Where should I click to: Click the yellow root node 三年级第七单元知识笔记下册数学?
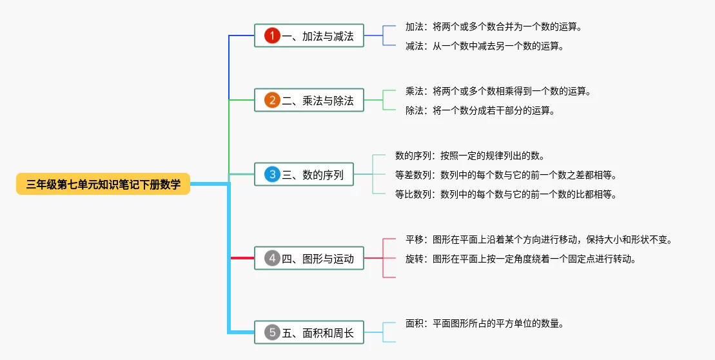click(x=103, y=184)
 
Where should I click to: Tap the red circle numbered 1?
click(x=272, y=35)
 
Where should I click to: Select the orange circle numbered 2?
click(x=272, y=100)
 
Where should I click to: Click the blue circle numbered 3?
click(x=272, y=174)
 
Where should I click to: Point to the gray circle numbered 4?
click(x=272, y=259)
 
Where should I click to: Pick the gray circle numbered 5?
click(x=272, y=333)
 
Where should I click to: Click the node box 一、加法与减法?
click(x=309, y=35)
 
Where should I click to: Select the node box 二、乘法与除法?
click(x=309, y=100)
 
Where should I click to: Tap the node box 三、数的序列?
click(x=304, y=174)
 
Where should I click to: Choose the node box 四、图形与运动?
click(x=309, y=259)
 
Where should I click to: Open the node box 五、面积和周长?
click(x=309, y=333)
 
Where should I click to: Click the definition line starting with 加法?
click(x=494, y=27)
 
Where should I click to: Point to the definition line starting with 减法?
click(x=485, y=46)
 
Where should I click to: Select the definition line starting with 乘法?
click(x=498, y=91)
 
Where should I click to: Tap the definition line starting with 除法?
click(x=480, y=111)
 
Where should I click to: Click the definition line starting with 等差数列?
click(x=506, y=175)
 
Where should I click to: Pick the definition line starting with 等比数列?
click(x=506, y=195)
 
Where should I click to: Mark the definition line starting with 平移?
click(x=540, y=240)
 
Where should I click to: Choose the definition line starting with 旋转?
click(x=521, y=259)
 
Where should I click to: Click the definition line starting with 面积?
click(x=485, y=324)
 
